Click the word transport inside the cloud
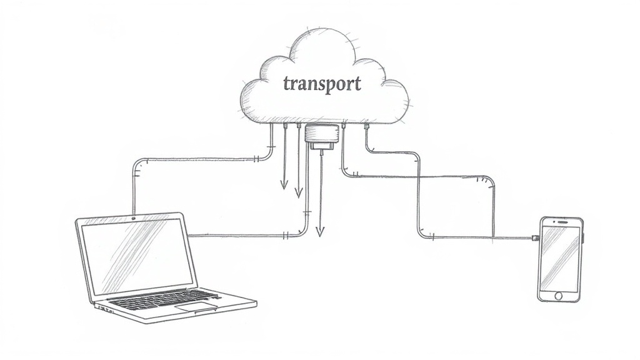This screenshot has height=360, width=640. [x=322, y=84]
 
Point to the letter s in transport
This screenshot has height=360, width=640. [x=319, y=84]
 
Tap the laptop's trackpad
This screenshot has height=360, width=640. [x=196, y=307]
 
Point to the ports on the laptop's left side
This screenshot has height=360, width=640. [x=104, y=308]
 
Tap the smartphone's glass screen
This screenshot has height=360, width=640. [x=559, y=258]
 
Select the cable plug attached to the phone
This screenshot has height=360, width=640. [x=535, y=237]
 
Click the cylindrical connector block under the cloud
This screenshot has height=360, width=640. [x=322, y=133]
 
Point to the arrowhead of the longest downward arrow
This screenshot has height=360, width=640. [x=321, y=232]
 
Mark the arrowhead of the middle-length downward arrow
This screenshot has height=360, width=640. [x=299, y=192]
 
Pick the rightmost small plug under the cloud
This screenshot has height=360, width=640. [x=366, y=126]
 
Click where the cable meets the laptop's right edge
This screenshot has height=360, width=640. [x=189, y=236]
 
